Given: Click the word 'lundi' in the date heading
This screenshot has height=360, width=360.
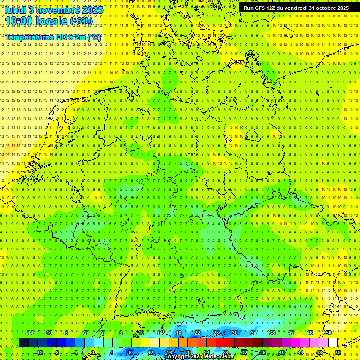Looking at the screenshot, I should pos(15,9).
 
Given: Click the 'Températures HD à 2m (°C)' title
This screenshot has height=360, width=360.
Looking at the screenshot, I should pos(53,37).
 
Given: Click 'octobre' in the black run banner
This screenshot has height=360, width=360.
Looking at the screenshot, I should pos(321,8).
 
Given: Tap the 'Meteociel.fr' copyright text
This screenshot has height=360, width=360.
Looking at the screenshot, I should pos(219,357).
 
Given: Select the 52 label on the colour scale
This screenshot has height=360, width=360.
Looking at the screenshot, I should pos(338,352).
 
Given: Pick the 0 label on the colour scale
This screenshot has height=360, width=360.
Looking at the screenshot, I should pos(93,352).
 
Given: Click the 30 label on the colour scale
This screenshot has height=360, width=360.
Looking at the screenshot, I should pos(235,333).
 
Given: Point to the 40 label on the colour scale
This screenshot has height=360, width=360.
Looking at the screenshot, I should pos(282,352).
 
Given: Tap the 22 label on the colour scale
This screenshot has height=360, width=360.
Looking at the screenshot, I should pos(197,333).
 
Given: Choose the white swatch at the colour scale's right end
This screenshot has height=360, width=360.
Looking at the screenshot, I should pos(333,343).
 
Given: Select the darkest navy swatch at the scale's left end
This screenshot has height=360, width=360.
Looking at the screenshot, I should pos(23,343).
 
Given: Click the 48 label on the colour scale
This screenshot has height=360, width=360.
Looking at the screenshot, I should pos(319,352).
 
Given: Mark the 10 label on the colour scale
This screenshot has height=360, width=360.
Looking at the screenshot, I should pos(141,333).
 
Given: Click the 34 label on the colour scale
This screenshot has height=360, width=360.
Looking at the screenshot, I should pos(254,333).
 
